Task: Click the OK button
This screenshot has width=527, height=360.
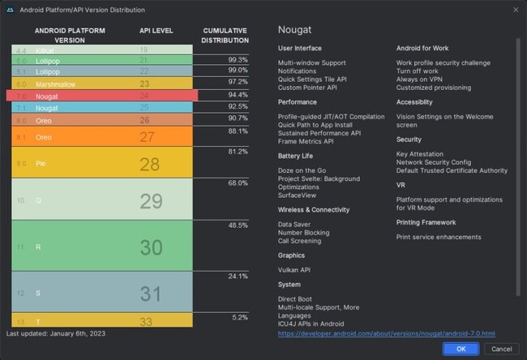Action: click(461, 349)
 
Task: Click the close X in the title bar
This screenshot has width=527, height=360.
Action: click(515, 9)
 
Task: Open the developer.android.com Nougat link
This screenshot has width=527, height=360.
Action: click(386, 333)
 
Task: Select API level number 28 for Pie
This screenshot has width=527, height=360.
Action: click(150, 165)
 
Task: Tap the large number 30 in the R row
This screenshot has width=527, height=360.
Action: click(151, 247)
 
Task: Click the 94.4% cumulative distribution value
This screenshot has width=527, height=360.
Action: click(238, 94)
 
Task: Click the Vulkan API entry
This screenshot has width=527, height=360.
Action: click(294, 269)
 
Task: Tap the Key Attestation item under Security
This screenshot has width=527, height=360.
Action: click(420, 154)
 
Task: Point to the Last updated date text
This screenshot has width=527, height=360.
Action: click(55, 333)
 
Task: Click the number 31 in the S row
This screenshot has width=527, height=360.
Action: click(151, 294)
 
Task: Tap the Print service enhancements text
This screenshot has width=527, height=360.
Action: click(439, 237)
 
